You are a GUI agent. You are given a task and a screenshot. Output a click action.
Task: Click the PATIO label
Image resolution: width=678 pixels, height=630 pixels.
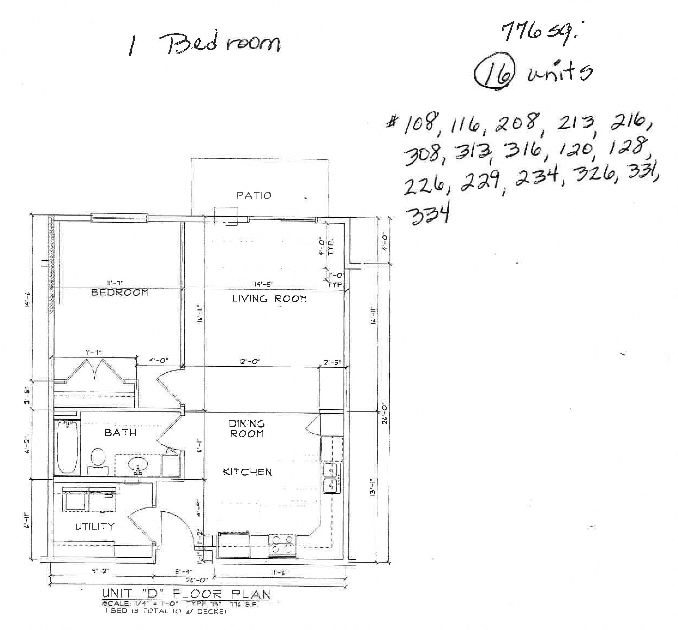(254, 196)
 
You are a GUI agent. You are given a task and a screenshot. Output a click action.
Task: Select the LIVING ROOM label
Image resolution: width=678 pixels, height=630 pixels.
(269, 299)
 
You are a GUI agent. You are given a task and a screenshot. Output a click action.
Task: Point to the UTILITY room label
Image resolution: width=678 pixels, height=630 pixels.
(95, 527)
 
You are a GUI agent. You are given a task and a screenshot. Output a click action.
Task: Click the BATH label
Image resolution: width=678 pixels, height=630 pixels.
(120, 433)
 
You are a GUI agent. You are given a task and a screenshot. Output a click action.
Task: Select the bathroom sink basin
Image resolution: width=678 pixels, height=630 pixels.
(138, 464)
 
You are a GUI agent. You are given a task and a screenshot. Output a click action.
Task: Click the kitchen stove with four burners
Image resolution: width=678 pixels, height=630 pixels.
(282, 546)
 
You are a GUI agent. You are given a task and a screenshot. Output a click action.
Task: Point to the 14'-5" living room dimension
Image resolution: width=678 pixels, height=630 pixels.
(264, 284)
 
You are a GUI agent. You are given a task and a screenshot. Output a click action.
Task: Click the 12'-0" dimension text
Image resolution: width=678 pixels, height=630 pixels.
(250, 361)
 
